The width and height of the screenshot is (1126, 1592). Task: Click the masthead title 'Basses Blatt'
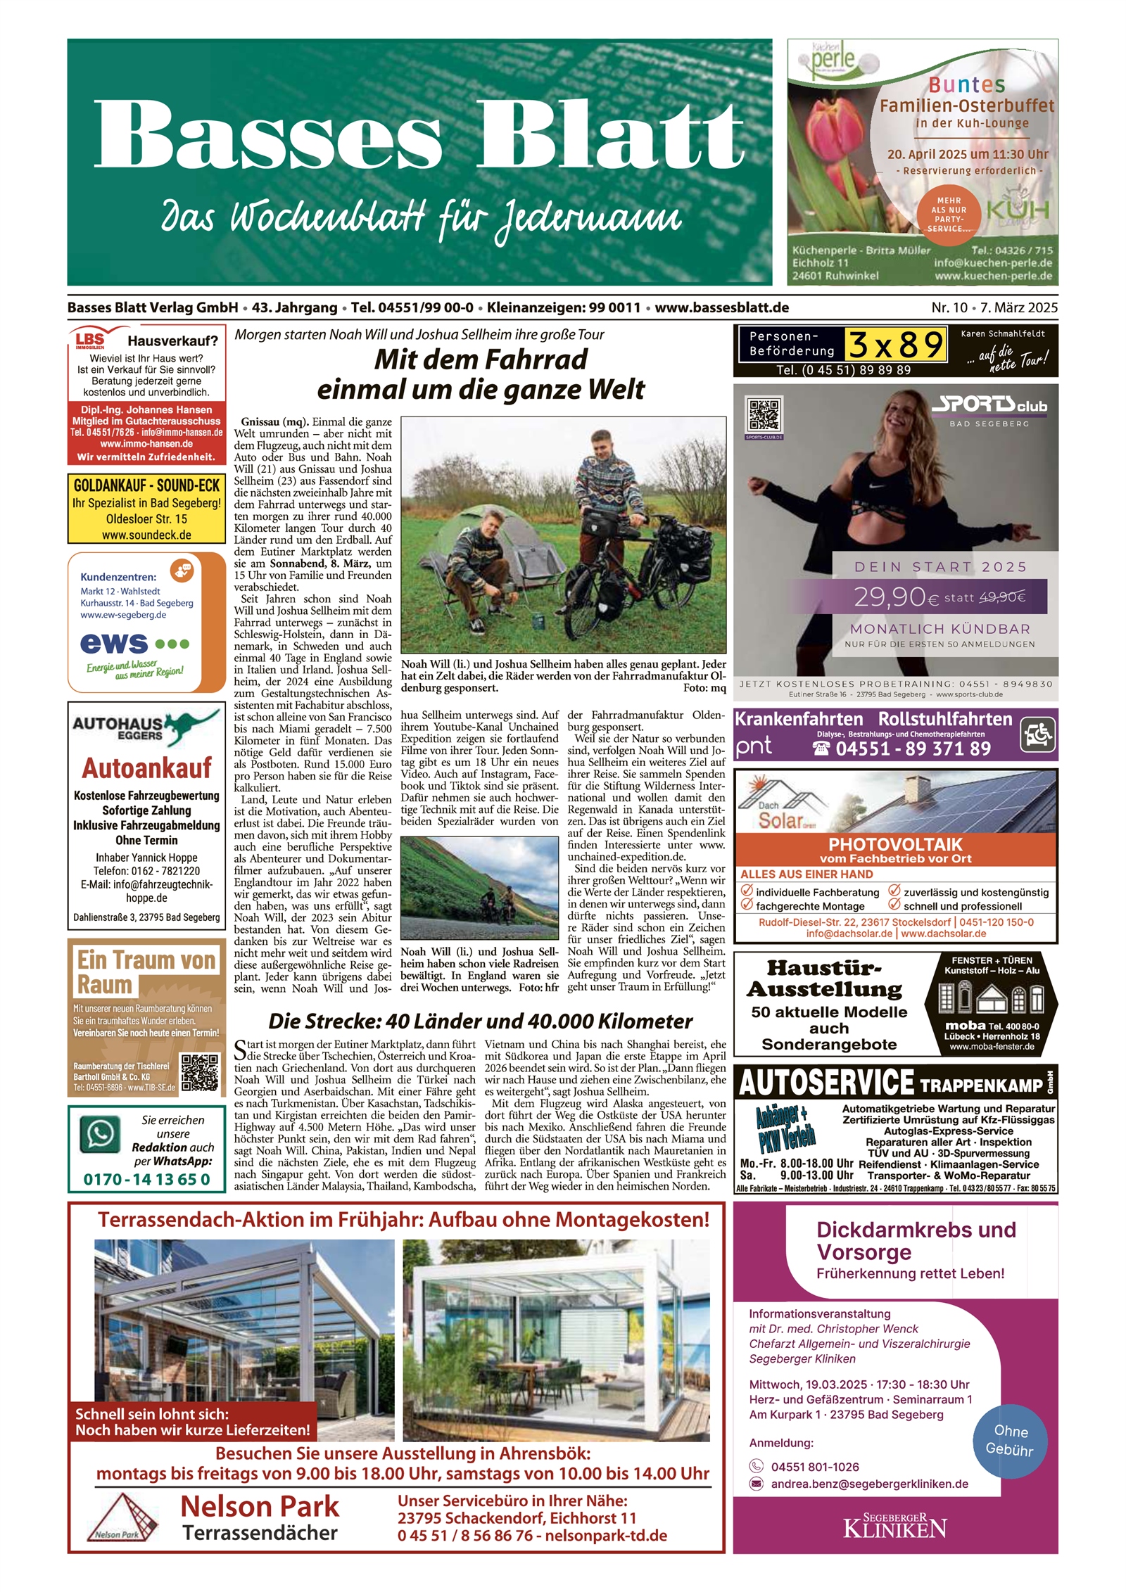(419, 134)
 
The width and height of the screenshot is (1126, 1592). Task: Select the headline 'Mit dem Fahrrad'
(481, 359)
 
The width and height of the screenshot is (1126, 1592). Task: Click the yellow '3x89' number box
(895, 345)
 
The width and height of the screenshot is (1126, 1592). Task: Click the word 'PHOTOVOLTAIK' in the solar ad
(895, 844)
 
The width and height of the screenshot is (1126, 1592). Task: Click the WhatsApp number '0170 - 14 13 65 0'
(146, 1179)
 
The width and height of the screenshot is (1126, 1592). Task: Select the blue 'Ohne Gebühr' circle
(1009, 1440)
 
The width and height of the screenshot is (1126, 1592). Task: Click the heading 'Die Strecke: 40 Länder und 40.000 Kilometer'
(481, 1021)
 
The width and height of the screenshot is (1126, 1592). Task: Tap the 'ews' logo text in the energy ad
(114, 643)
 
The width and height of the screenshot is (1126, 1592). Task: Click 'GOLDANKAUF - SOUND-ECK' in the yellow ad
(146, 485)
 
